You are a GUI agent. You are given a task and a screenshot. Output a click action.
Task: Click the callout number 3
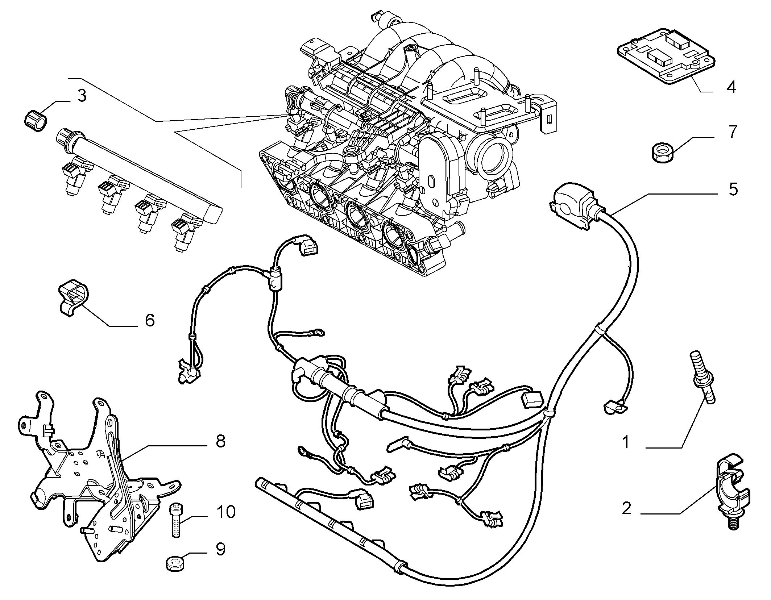tap(82, 96)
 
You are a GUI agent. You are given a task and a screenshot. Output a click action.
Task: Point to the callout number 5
tap(733, 189)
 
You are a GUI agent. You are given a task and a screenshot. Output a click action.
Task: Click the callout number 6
tap(149, 320)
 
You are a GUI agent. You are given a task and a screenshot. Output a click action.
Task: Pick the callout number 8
tap(220, 441)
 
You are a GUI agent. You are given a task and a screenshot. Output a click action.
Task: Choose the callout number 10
tap(225, 512)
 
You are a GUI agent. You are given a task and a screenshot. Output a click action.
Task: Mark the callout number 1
tap(626, 442)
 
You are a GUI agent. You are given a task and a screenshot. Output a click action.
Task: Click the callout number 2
tap(626, 508)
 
